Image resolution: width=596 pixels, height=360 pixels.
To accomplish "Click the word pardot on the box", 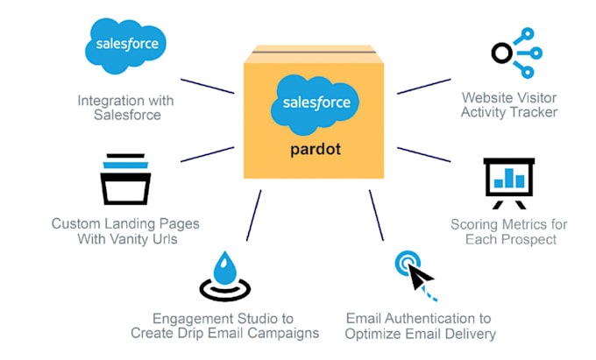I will pos(314,149).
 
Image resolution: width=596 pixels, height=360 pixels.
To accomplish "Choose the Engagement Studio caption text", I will pos(224,325).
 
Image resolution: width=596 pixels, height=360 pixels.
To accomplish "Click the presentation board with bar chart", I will pos(508,180).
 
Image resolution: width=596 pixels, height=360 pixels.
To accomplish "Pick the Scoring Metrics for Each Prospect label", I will pos(508,231).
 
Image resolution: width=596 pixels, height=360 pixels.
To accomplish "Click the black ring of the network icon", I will pos(477,53).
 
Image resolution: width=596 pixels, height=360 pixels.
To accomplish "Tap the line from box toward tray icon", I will pos(207,154).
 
